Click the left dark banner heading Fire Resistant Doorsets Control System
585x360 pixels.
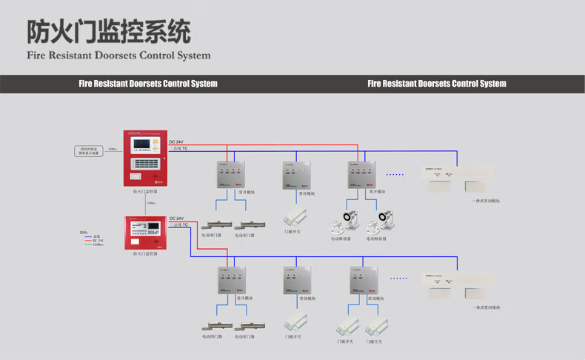point(148,84)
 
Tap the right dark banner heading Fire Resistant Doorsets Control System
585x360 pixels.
point(437,84)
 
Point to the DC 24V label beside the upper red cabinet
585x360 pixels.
point(177,141)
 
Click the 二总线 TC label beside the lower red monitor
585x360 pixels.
point(179,225)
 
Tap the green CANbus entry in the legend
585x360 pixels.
point(97,244)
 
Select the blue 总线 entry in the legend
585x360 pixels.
point(97,236)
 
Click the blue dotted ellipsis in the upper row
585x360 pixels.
point(395,175)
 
